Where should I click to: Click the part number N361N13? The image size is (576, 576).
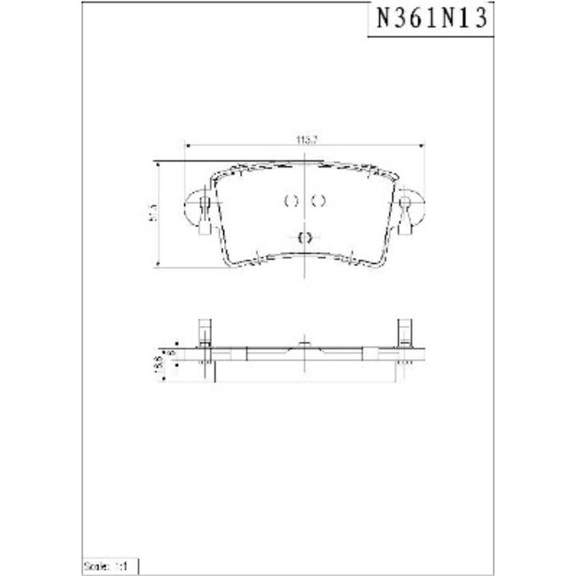point(430,19)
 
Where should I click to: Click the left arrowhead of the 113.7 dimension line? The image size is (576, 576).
point(185,144)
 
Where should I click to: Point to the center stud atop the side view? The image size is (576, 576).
point(305,344)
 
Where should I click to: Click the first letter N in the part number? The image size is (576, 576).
point(383,19)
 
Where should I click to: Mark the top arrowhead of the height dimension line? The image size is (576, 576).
point(158,164)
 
